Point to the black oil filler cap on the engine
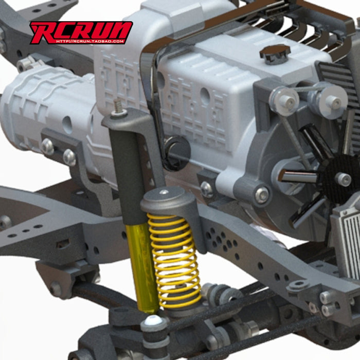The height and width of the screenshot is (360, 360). coord(275,53)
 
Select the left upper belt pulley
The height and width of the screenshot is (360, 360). coord(285,100)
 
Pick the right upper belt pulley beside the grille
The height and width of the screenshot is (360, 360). coord(332,100)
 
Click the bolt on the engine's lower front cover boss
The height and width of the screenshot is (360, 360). coord(261,194)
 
